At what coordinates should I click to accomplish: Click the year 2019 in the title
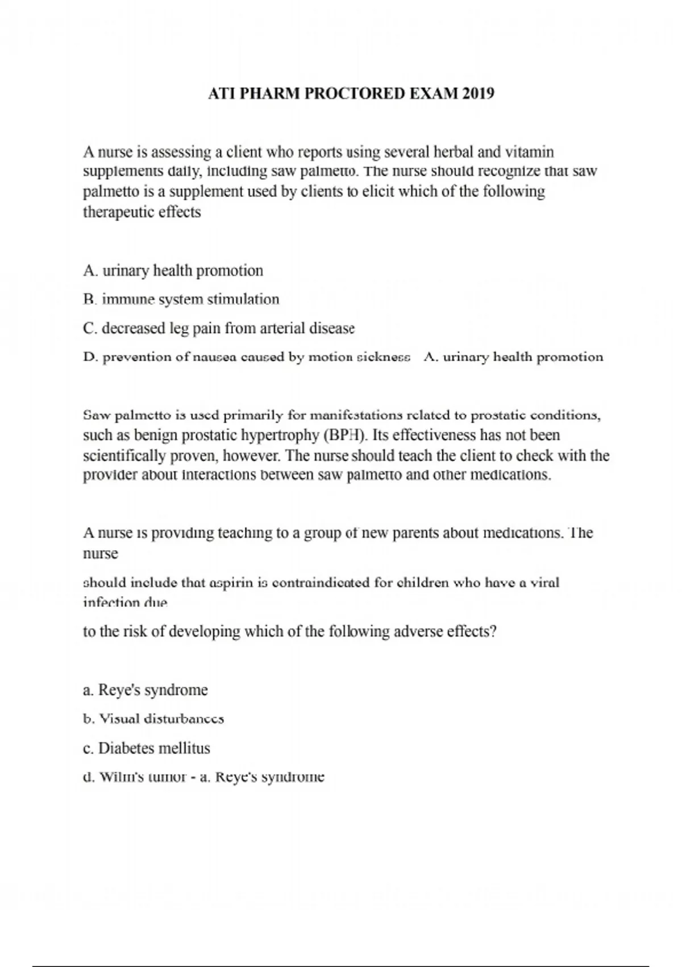[x=479, y=93]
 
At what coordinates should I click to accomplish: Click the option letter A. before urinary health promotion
[x=91, y=271]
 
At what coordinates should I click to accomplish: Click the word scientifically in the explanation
[x=122, y=456]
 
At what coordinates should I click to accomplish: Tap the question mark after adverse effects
[x=493, y=631]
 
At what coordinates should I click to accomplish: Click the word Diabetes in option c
[x=125, y=748]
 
